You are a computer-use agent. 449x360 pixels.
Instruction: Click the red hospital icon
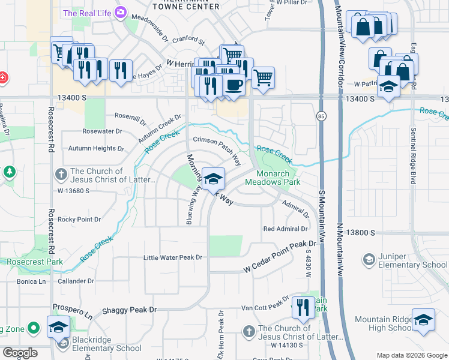coord(2,78)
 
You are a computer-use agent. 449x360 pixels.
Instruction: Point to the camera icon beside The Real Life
coord(121,12)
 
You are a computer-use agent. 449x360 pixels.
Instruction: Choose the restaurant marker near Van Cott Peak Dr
coord(303,308)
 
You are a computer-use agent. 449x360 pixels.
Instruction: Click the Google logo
coord(19,353)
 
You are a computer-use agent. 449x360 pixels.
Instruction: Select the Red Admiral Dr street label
coord(285,229)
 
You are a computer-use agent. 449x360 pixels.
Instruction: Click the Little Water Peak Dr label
coord(173,257)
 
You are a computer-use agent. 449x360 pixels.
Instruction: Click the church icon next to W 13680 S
coord(61,175)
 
